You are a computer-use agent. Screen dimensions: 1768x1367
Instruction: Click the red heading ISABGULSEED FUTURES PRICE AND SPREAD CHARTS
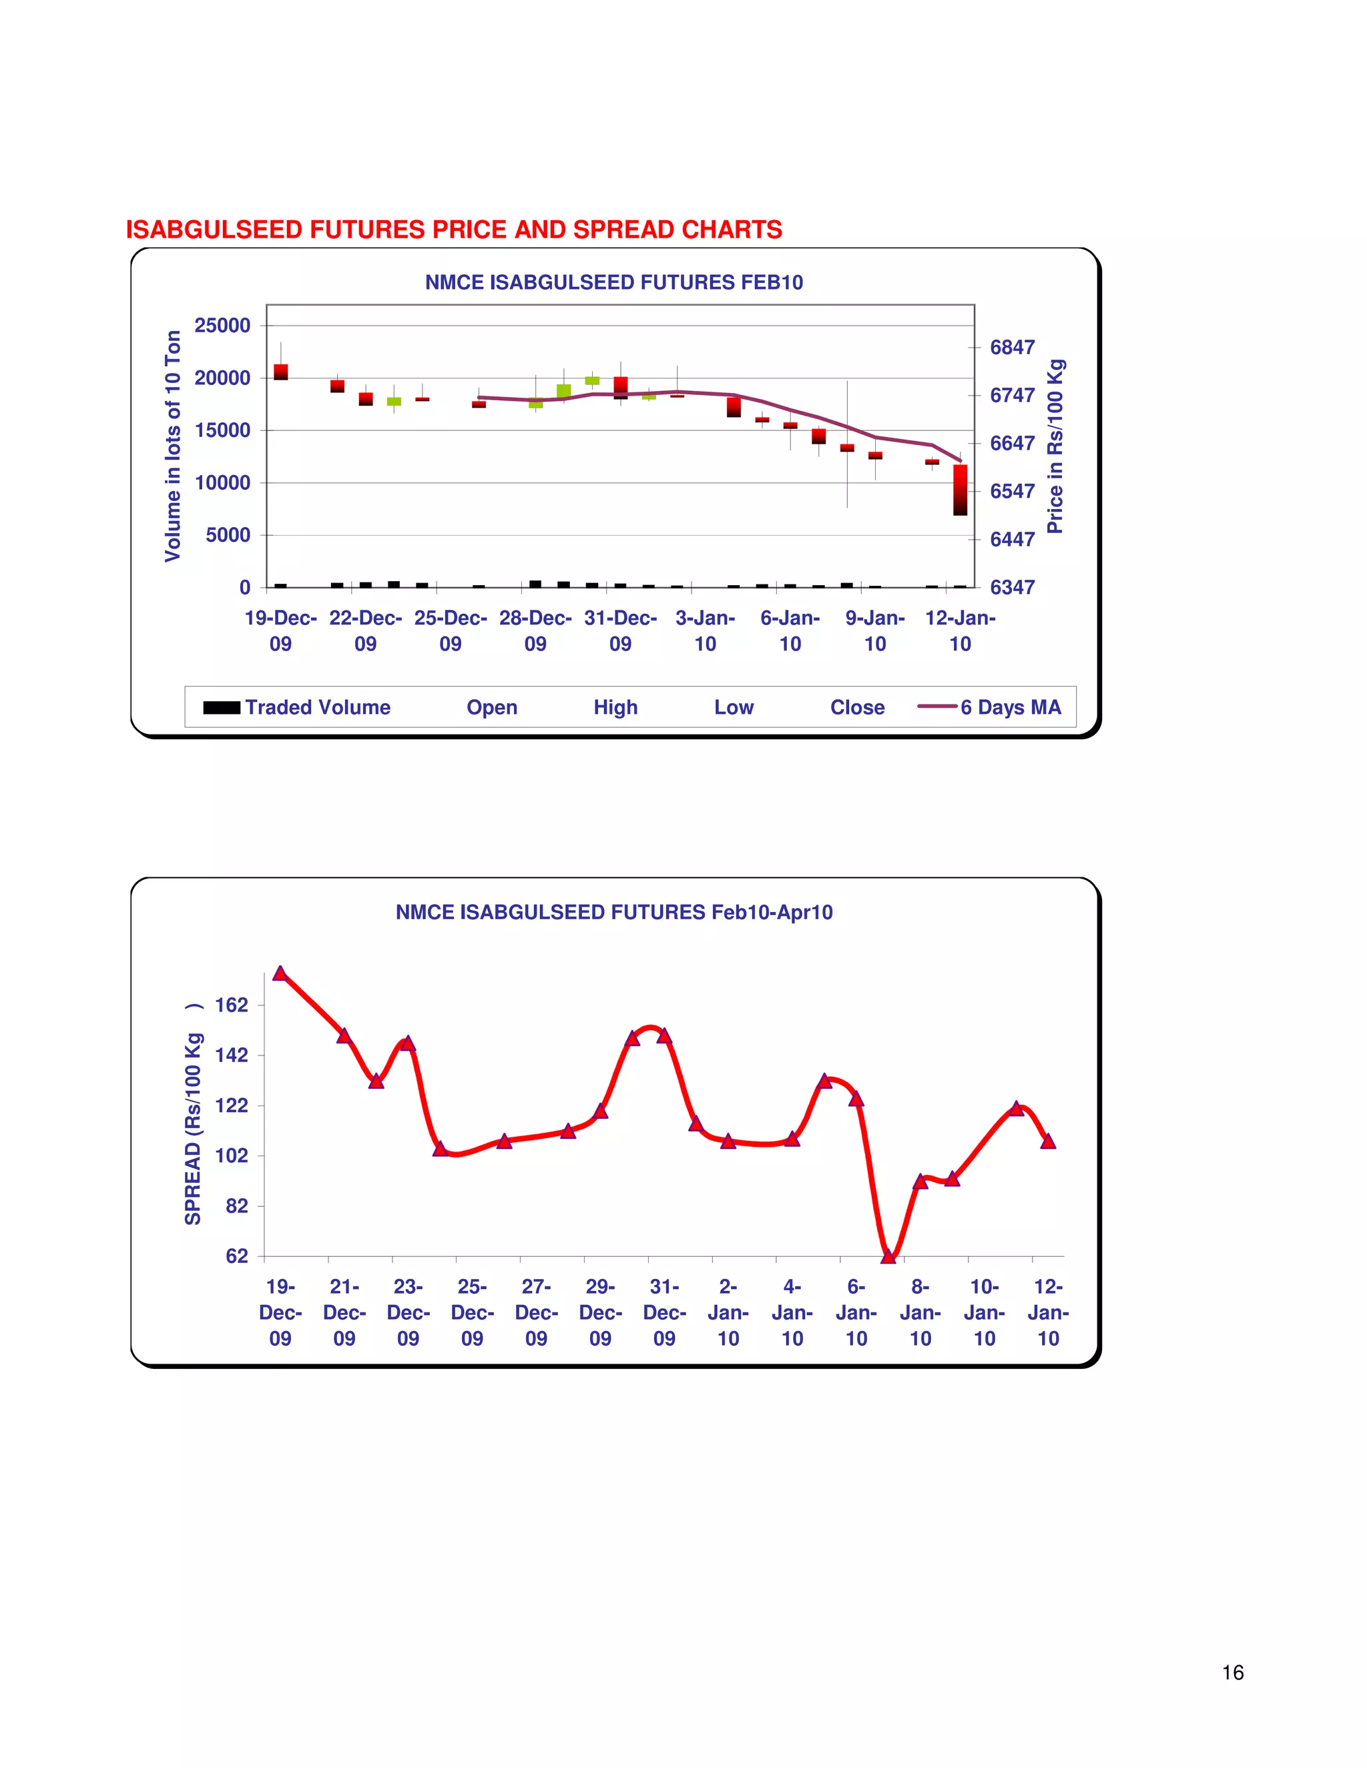click(453, 230)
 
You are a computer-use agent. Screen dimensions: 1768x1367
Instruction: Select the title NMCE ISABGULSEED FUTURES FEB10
click(614, 282)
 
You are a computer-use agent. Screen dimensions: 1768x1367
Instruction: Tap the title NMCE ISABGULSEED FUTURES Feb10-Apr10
click(614, 912)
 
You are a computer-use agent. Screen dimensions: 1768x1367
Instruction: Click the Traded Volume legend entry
click(296, 707)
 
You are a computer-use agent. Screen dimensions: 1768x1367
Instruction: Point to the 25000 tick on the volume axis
click(222, 326)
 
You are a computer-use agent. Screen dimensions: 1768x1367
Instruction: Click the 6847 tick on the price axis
click(1013, 348)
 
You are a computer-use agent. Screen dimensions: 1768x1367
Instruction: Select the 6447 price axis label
click(1013, 539)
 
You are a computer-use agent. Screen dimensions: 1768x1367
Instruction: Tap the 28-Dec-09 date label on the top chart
click(535, 630)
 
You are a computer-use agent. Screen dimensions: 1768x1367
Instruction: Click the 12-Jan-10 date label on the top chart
click(960, 630)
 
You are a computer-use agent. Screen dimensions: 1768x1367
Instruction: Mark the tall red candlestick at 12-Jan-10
click(961, 490)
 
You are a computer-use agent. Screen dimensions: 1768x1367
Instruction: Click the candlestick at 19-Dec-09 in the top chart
click(281, 372)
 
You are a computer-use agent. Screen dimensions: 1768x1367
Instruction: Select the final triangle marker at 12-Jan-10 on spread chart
click(1048, 1142)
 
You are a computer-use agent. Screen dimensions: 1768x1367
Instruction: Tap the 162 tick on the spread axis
click(232, 1005)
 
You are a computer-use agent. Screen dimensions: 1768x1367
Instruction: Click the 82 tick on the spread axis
click(236, 1206)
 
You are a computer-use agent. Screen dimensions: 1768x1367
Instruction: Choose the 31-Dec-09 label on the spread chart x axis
click(664, 1312)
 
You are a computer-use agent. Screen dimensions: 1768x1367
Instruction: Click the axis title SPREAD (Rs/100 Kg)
click(193, 1117)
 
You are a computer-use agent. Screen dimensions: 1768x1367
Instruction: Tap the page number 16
click(1233, 1673)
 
